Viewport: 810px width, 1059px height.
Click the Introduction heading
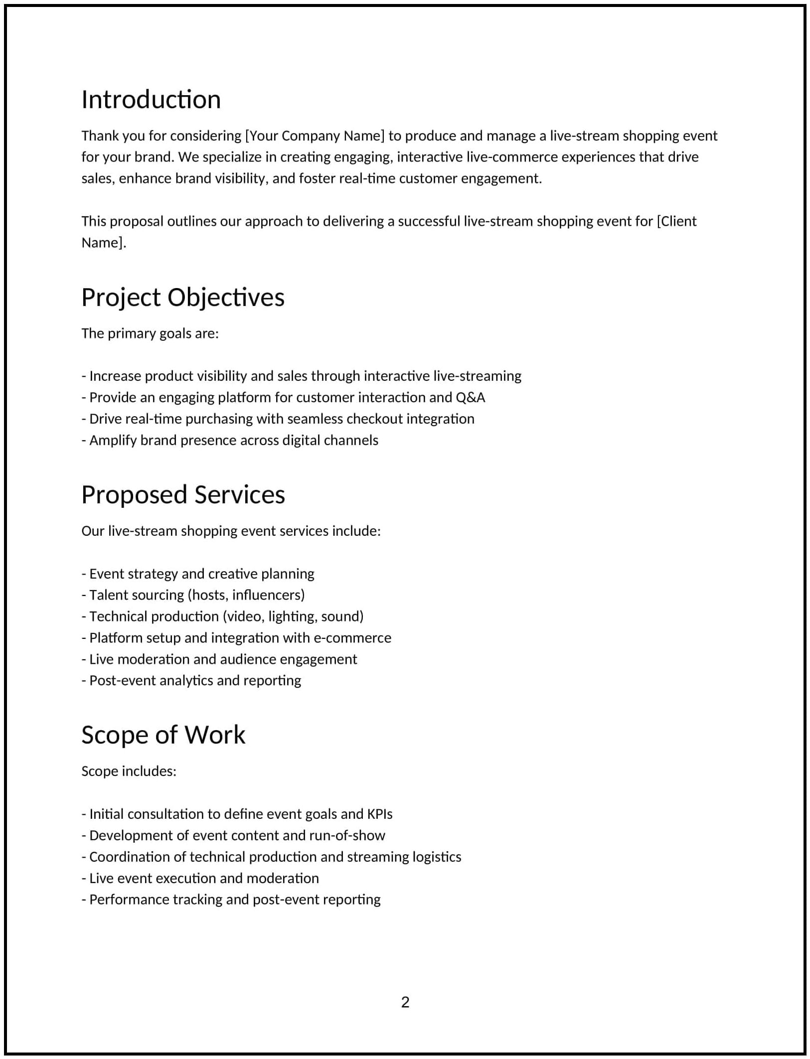coord(151,100)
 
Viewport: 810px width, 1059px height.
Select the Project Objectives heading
coord(183,298)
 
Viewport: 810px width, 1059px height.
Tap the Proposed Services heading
coord(183,495)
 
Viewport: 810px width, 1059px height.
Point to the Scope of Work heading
coord(163,735)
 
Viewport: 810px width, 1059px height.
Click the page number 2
coord(405,1002)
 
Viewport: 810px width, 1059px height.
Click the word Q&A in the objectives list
coord(470,397)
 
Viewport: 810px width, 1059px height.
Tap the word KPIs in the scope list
coord(380,814)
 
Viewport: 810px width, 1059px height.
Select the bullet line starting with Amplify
coord(230,441)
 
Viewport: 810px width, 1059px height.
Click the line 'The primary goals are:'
coord(150,333)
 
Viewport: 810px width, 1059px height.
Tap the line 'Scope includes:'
coord(129,771)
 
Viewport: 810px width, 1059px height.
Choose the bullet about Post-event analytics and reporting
coord(191,681)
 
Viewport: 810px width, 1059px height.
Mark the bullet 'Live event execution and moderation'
coord(200,878)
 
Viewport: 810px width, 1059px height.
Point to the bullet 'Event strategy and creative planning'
coord(198,574)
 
